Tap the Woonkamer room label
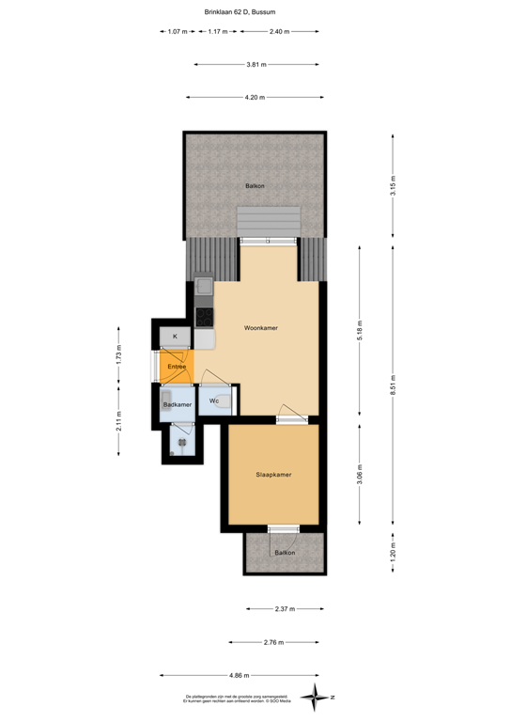coord(260,328)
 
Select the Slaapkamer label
coord(273,475)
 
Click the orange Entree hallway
coord(176,366)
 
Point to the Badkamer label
coord(177,404)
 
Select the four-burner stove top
coord(204,316)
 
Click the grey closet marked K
coord(175,336)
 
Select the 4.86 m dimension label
coord(240,674)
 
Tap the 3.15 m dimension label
coord(394,185)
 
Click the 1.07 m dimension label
coord(176,32)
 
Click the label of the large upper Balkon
coord(255,186)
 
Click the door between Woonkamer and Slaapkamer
coord(291,415)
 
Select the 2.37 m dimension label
coord(284,609)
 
